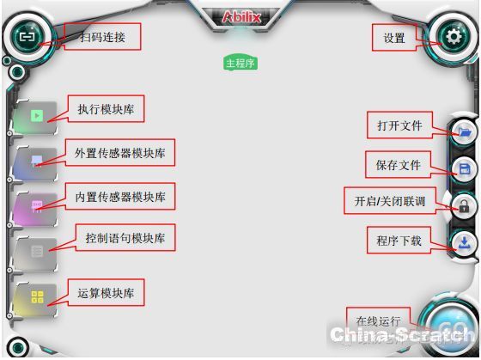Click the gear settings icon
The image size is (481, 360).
454,37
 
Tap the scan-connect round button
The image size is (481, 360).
27,37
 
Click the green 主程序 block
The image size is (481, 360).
240,63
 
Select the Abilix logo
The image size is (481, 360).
241,17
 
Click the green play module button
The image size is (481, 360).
35,118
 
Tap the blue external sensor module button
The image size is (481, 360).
35,163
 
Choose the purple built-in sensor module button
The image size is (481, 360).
35,209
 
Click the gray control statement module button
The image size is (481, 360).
35,254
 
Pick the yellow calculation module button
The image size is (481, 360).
35,299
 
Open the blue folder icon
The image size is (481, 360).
465,132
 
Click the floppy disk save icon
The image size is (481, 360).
465,168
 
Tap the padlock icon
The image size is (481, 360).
464,206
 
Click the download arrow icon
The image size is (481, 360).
464,243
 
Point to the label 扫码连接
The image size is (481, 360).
102,37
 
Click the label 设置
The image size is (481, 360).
394,38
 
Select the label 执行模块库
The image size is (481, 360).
106,109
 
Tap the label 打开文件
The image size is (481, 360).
399,125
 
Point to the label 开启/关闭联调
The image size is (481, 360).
390,201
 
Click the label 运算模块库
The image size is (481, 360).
106,293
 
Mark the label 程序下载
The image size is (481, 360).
399,241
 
